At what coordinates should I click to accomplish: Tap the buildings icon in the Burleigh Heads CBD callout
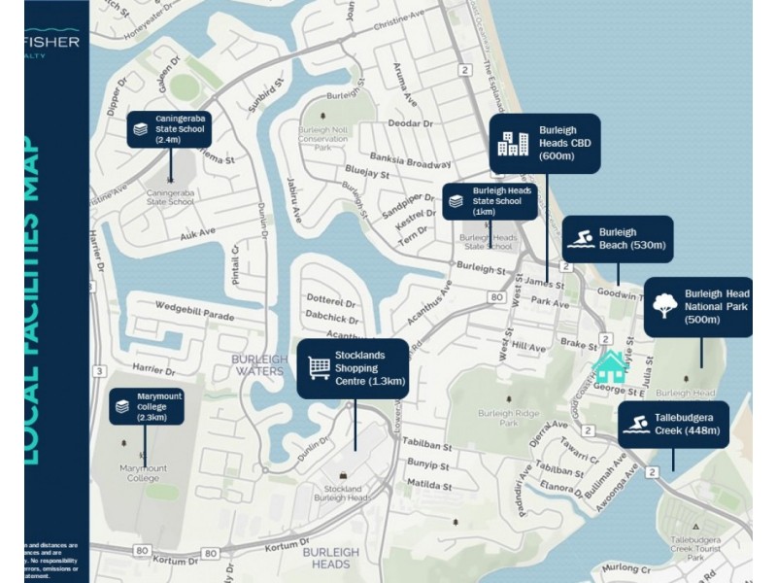point(512,144)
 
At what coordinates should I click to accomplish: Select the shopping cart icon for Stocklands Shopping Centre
point(319,368)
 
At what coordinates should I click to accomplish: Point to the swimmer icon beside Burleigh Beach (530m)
point(581,240)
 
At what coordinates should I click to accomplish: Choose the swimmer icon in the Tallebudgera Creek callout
point(636,425)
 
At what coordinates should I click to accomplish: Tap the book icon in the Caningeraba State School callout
point(141,128)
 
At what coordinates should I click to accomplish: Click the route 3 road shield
point(100,371)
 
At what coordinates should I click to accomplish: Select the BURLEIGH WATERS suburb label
point(258,364)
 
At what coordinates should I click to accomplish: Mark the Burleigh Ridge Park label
point(510,418)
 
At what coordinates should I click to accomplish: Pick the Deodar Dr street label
point(410,123)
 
